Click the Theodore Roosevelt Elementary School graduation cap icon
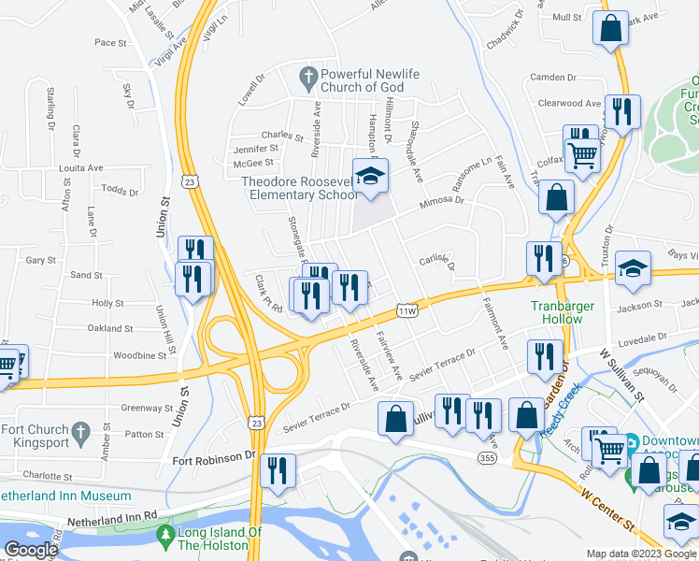tap(371, 176)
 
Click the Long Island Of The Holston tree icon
tap(165, 537)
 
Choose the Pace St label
tap(110, 42)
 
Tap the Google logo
tap(31, 550)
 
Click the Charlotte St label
tap(47, 476)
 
